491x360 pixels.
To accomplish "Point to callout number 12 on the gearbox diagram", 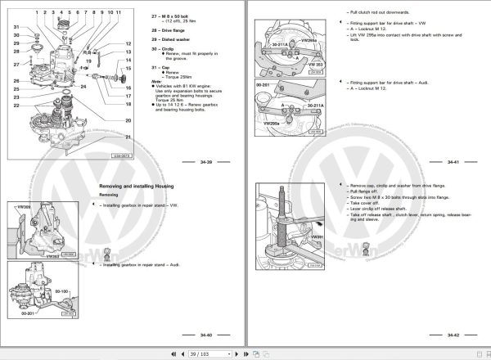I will [128, 43].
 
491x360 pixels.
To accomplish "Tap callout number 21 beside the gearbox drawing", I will [128, 120].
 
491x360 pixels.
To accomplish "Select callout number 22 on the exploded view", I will [16, 106].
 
